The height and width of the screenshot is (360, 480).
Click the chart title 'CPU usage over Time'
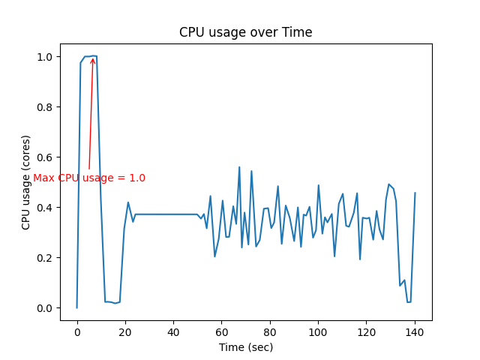245,32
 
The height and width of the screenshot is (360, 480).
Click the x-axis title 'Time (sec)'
245,347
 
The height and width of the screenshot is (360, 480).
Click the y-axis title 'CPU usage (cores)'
26,182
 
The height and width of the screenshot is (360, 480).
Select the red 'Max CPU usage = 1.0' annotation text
89,178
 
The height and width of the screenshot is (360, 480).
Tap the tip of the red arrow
92,58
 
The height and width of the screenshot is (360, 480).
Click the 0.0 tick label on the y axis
44,308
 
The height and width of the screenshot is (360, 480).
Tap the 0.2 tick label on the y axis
44,258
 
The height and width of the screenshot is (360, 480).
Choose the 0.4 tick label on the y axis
44,208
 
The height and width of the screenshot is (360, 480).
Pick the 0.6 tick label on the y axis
44,157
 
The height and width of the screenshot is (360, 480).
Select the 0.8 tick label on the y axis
44,107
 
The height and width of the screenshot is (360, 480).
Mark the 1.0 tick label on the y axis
44,57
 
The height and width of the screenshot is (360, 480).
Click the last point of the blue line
415,193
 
